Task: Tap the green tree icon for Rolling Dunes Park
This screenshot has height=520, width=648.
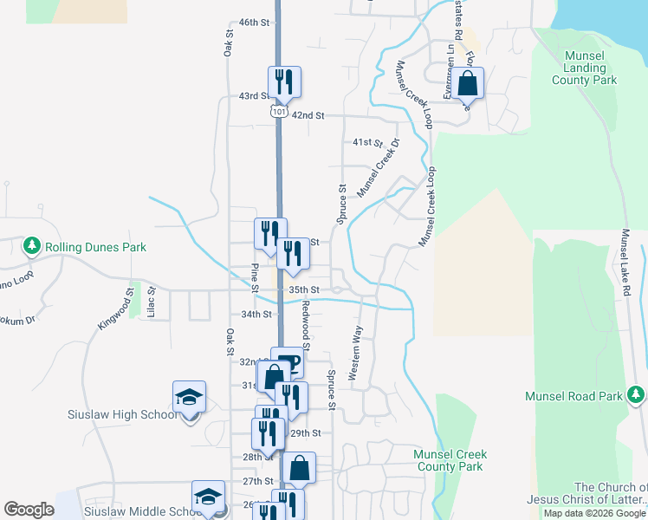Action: [x=32, y=247]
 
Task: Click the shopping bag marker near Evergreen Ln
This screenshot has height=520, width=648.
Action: [x=467, y=85]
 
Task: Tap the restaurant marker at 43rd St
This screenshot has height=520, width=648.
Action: [x=284, y=82]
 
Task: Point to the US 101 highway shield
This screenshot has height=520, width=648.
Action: [x=278, y=113]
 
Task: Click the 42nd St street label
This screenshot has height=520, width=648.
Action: [x=308, y=115]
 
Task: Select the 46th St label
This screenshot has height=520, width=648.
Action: [x=254, y=22]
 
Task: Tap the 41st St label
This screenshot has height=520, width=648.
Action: [x=367, y=141]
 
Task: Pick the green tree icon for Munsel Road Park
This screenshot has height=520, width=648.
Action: [x=637, y=396]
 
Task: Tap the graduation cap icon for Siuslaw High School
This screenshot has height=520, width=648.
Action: [x=189, y=398]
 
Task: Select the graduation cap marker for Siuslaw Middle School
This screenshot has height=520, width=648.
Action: [x=208, y=497]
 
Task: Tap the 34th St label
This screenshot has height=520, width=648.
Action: [x=256, y=314]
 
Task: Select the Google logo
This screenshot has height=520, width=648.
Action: [x=29, y=510]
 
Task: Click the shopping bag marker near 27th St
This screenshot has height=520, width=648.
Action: [x=299, y=468]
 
